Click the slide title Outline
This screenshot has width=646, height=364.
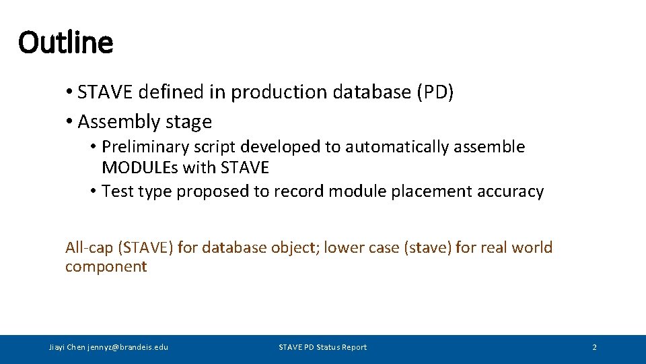pos(66,42)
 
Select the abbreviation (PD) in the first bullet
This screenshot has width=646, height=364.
pos(435,92)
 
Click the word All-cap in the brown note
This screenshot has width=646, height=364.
pos(89,247)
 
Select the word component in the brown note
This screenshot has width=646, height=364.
pos(106,266)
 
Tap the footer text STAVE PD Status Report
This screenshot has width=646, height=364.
pos(323,347)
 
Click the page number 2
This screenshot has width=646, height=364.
pos(594,347)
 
